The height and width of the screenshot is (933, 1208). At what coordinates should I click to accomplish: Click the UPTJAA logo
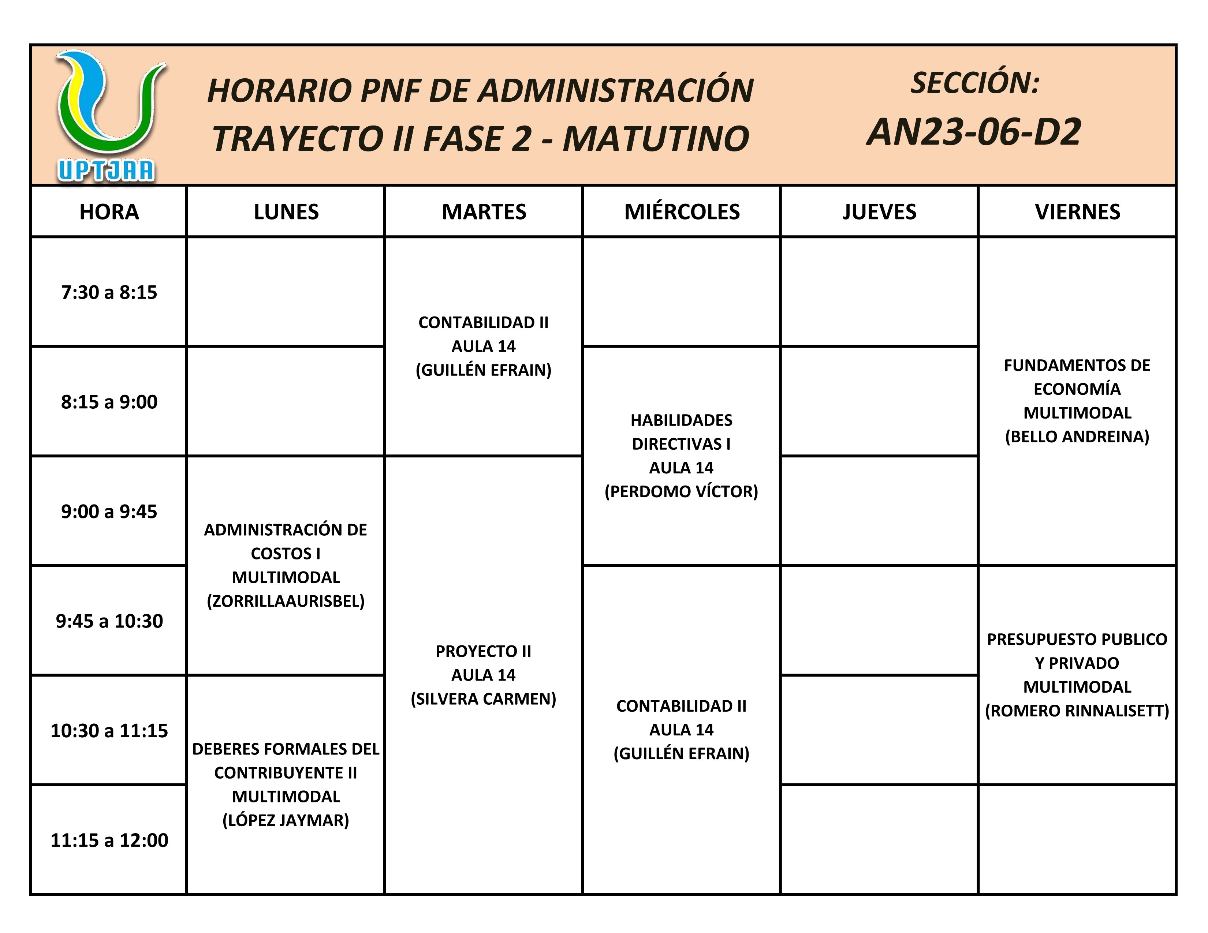108,116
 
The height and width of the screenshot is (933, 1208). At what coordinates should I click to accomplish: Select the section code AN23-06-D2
973,133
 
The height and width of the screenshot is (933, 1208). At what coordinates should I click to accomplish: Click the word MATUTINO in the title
656,138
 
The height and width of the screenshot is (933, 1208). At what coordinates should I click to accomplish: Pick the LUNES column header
286,212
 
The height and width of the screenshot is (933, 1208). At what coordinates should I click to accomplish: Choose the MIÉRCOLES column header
682,212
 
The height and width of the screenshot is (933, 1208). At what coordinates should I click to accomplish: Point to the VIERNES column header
1077,212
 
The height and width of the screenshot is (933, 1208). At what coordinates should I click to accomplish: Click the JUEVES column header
879,212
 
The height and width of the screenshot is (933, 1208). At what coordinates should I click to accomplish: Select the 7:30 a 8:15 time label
109,292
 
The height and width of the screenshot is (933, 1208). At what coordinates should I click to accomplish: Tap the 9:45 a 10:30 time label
109,621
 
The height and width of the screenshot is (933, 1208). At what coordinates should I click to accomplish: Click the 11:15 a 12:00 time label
109,840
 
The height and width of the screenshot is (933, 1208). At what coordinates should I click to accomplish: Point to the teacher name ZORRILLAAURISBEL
286,601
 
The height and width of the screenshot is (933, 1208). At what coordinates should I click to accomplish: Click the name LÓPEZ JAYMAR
286,820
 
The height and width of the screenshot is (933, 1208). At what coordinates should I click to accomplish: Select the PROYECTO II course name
484,651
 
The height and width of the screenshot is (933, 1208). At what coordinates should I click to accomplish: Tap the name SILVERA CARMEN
484,698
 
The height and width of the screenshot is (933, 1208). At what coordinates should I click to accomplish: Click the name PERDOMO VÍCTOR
682,491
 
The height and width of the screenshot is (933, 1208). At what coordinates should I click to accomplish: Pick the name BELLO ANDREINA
1077,436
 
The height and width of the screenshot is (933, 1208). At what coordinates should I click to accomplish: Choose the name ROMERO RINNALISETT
1077,710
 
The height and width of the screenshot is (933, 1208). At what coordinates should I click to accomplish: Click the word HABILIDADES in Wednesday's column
682,420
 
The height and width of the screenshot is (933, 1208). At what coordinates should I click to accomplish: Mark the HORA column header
109,212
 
